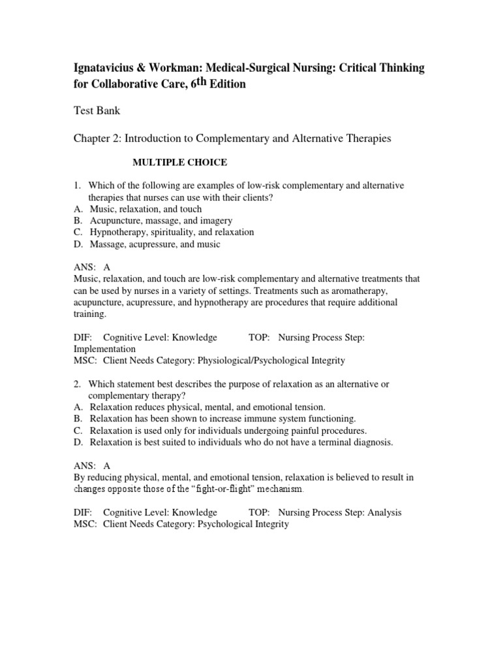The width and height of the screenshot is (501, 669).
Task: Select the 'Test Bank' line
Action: (x=96, y=111)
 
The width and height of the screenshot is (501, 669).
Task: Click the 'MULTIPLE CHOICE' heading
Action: (x=180, y=161)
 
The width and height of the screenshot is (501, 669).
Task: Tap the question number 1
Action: (x=76, y=186)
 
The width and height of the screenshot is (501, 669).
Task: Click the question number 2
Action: (x=76, y=384)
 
